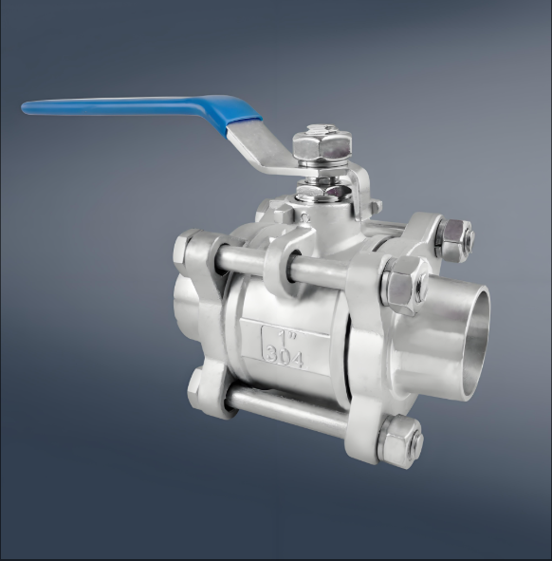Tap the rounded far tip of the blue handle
pyautogui.click(x=24, y=107)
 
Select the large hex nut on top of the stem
pyautogui.click(x=322, y=146)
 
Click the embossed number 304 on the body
pyautogui.click(x=285, y=358)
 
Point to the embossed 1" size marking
pyautogui.click(x=287, y=335)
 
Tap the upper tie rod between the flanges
pyautogui.click(x=283, y=262)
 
